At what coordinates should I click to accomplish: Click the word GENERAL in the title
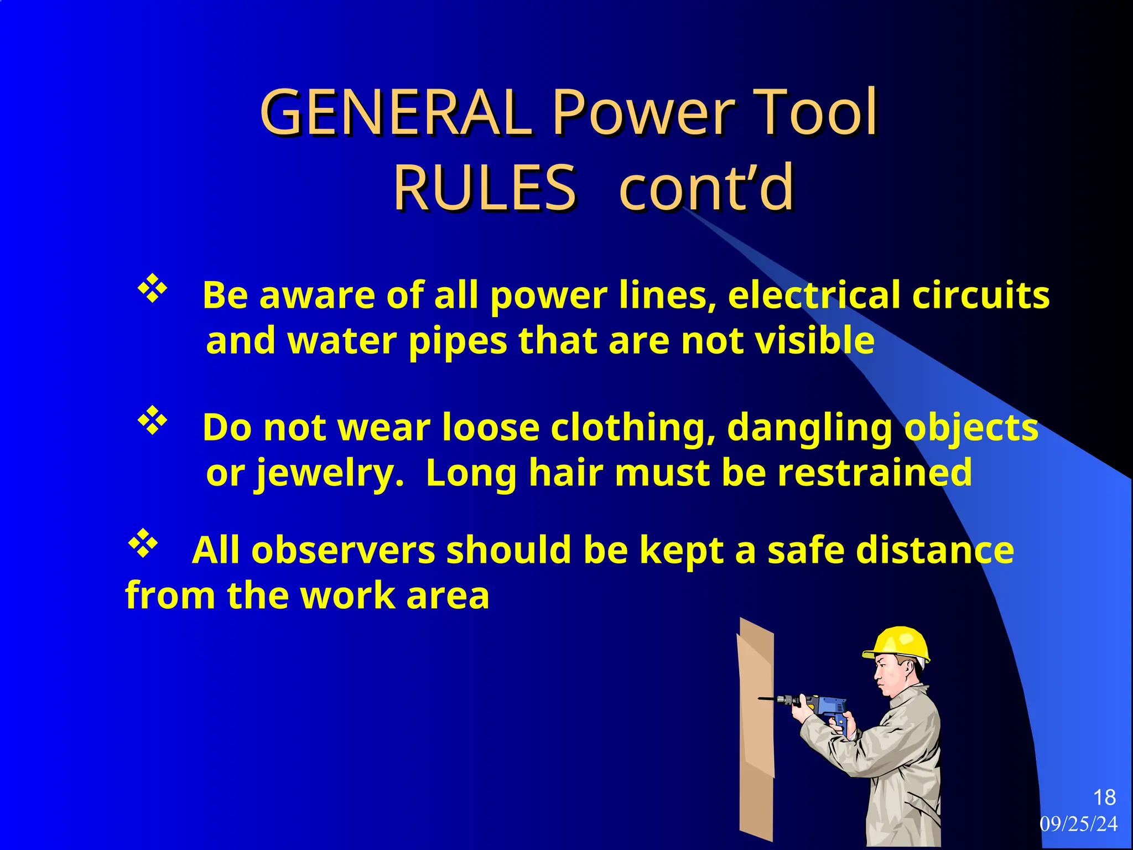[396, 113]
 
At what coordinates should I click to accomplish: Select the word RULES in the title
[485, 188]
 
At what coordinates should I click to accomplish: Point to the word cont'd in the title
[706, 188]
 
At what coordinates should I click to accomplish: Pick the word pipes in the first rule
[458, 341]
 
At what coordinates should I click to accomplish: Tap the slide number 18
[1104, 797]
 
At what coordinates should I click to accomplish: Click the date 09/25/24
[1079, 824]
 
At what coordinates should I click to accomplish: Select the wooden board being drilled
[756, 730]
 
